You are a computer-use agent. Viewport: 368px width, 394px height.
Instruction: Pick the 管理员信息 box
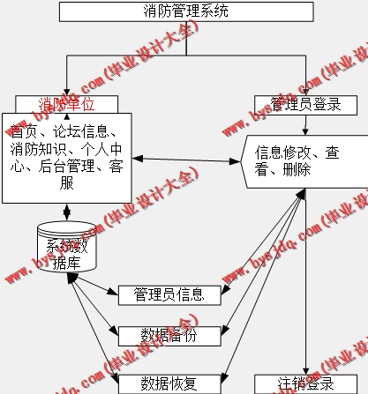[169, 294]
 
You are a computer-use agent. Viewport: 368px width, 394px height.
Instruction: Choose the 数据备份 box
[169, 334]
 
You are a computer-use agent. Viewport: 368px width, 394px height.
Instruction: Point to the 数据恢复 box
[169, 383]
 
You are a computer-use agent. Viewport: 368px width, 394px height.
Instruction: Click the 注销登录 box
[306, 384]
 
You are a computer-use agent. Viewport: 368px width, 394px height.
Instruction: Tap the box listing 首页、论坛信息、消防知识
[66, 159]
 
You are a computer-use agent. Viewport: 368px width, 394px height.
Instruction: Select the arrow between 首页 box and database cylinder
[66, 212]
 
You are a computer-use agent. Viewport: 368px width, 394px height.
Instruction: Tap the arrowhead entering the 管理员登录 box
[306, 90]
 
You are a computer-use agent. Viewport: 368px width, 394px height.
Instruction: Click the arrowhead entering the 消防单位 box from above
[66, 90]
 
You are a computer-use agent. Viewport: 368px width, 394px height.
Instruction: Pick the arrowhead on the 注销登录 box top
[306, 369]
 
